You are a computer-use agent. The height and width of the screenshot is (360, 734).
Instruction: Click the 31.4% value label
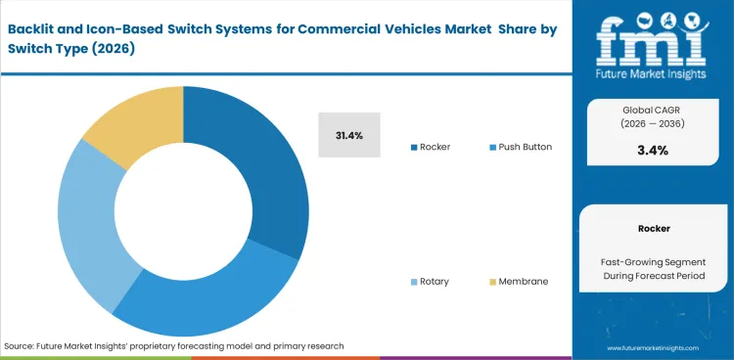coord(349,135)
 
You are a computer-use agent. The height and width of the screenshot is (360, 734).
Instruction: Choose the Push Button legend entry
coord(525,147)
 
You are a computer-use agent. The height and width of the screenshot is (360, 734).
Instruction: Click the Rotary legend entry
coord(434,281)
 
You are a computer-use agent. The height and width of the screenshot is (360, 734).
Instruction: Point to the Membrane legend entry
coord(523,281)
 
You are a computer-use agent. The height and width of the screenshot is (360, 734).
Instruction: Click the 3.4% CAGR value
coord(653,150)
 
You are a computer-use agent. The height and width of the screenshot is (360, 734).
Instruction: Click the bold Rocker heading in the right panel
coord(653,228)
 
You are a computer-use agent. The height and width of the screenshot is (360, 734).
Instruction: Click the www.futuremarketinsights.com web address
coord(653,347)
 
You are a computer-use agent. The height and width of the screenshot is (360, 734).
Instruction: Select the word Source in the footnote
coord(21,346)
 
